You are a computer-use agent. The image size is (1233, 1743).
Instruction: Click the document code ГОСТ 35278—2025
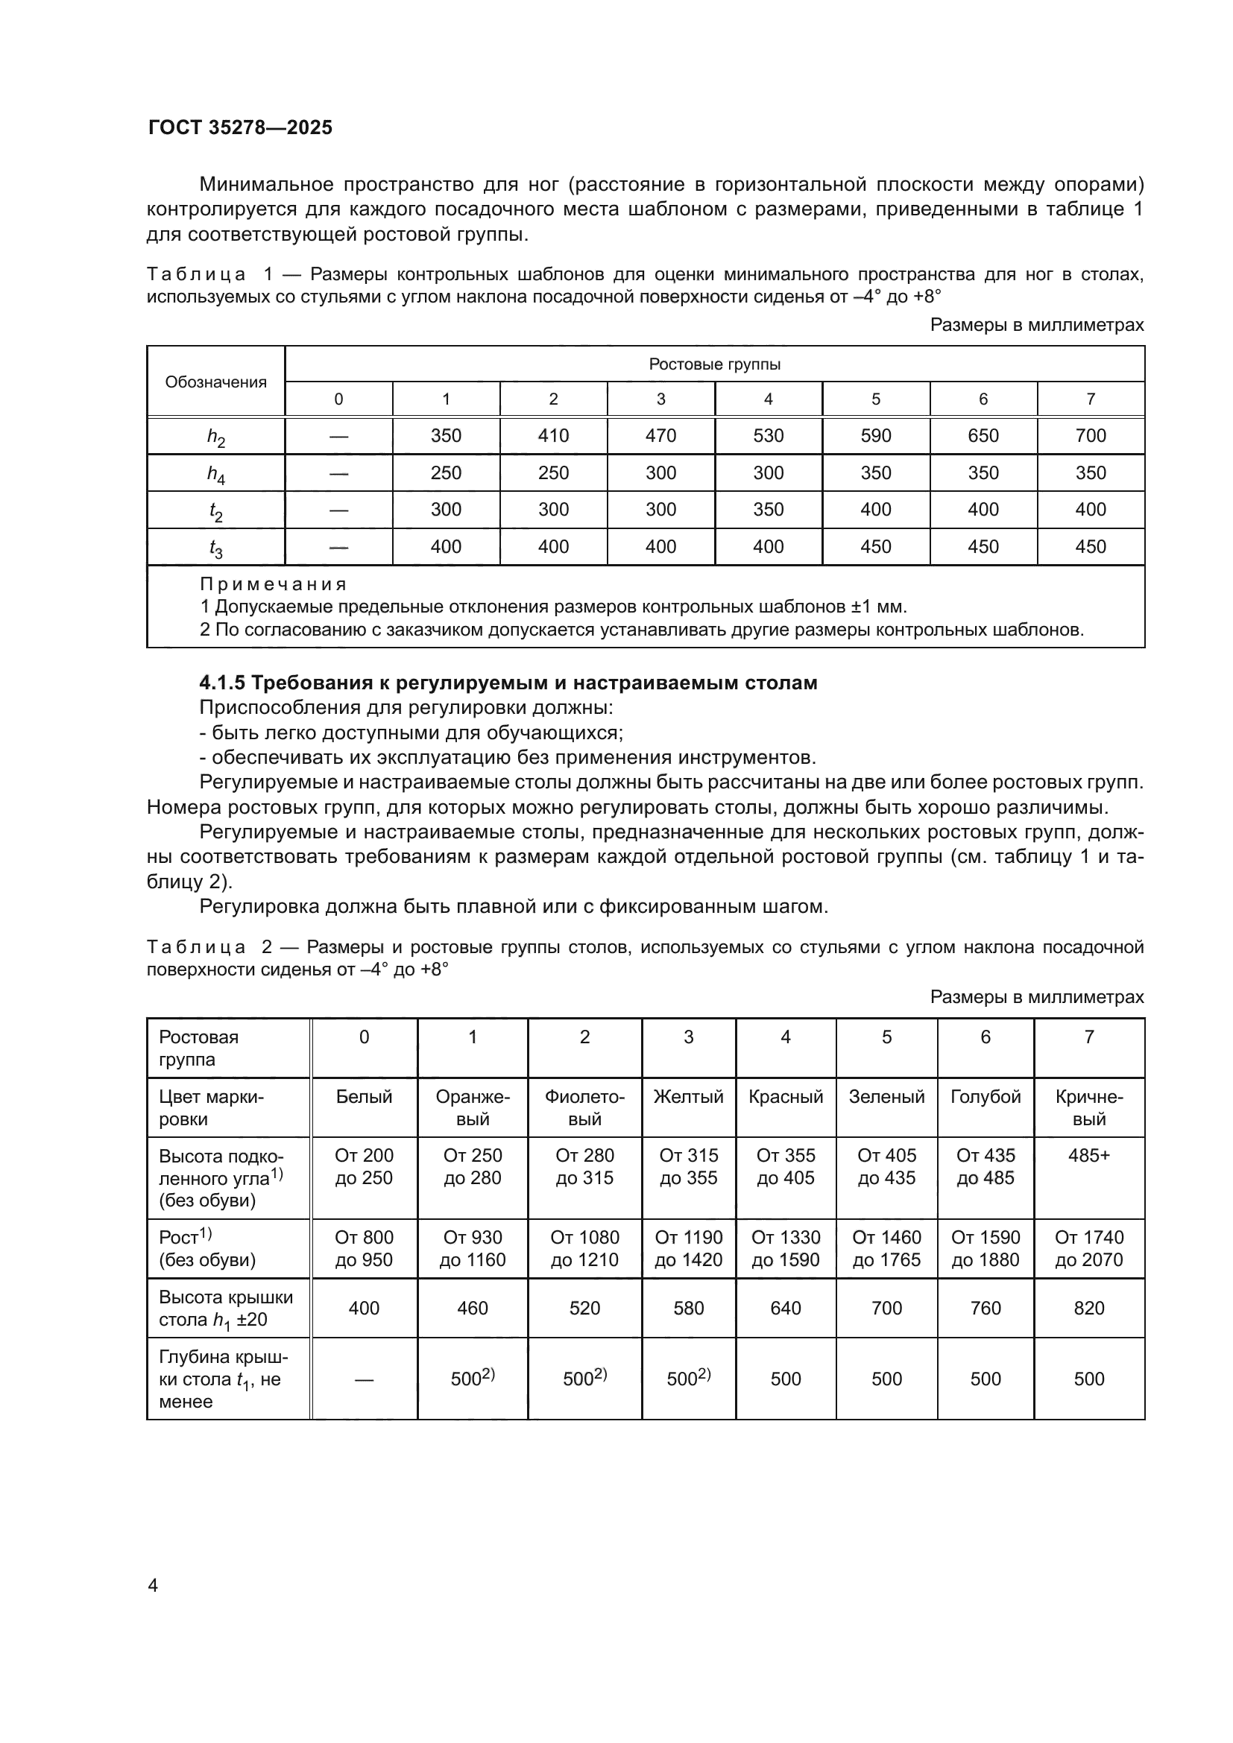pyautogui.click(x=240, y=127)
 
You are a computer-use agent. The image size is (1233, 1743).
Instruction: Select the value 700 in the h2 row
pyautogui.click(x=1091, y=436)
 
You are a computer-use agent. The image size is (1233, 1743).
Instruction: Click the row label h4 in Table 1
pyautogui.click(x=216, y=474)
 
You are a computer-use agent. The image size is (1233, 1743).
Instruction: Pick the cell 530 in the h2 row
pyautogui.click(x=768, y=436)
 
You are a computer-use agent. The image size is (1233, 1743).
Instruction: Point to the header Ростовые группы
pyautogui.click(x=714, y=364)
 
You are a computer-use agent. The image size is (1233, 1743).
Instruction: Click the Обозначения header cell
pyautogui.click(x=215, y=382)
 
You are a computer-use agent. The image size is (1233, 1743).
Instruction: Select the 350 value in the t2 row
pyautogui.click(x=768, y=510)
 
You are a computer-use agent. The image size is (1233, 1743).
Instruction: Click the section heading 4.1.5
pyautogui.click(x=508, y=683)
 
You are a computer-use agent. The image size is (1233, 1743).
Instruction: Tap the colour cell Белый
pyautogui.click(x=364, y=1097)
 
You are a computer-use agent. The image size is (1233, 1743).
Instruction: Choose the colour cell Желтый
pyautogui.click(x=688, y=1097)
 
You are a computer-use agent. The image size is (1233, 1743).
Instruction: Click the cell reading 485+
pyautogui.click(x=1088, y=1156)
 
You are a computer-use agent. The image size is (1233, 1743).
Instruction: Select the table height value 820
pyautogui.click(x=1088, y=1308)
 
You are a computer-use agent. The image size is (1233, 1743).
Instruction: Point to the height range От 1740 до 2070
pyautogui.click(x=1088, y=1249)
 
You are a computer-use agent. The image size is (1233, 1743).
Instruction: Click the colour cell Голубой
pyautogui.click(x=985, y=1097)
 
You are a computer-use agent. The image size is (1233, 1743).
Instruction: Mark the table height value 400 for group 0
pyautogui.click(x=364, y=1308)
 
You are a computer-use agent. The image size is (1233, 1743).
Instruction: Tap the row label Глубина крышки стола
pyautogui.click(x=224, y=1379)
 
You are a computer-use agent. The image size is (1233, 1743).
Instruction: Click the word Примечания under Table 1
pyautogui.click(x=274, y=584)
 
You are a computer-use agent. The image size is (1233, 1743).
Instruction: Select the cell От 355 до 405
pyautogui.click(x=785, y=1167)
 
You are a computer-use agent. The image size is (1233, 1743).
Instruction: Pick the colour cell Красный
pyautogui.click(x=785, y=1097)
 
